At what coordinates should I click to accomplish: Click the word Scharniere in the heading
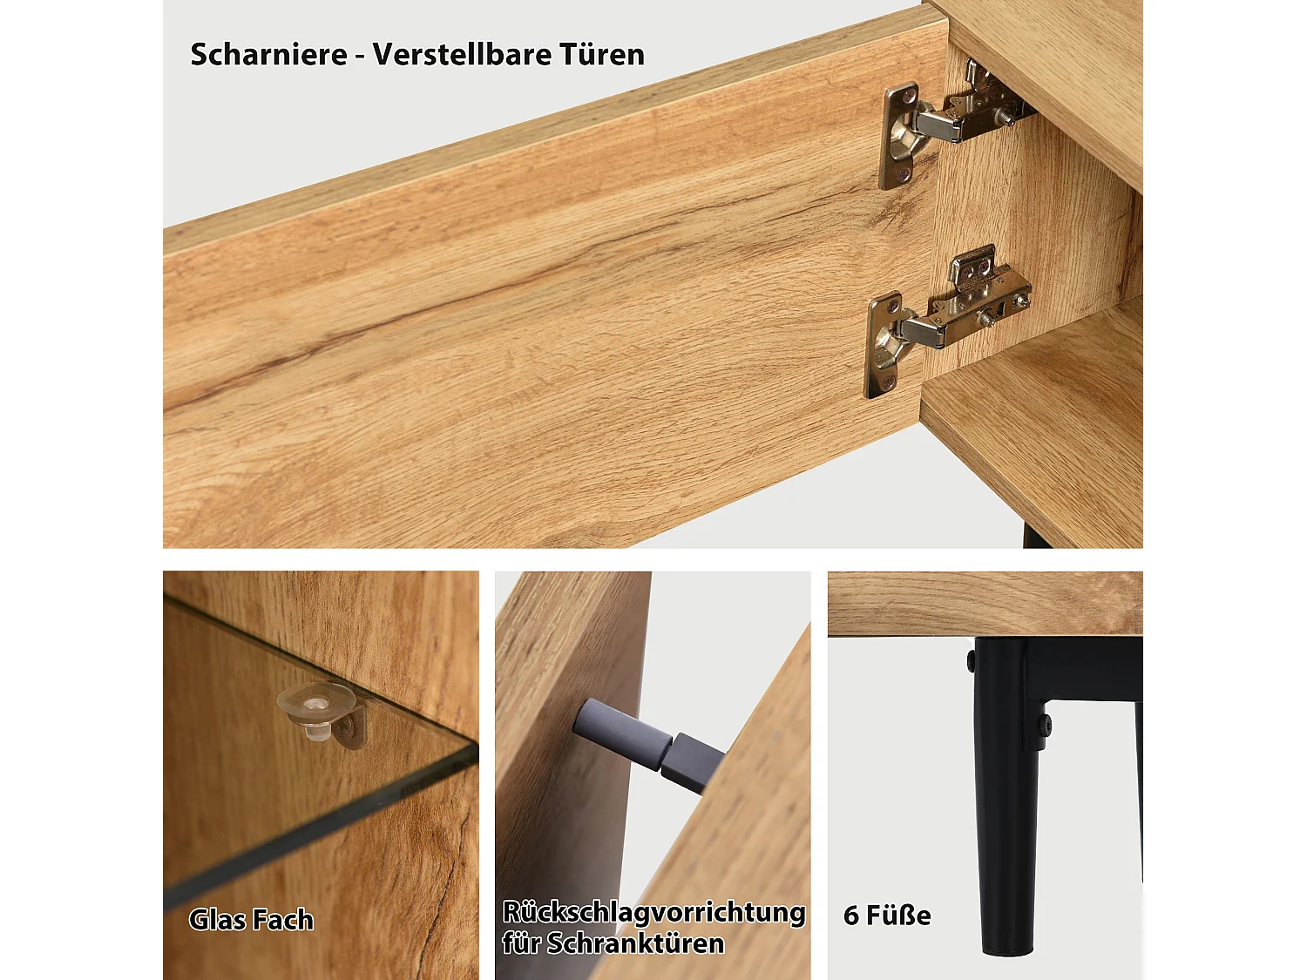tap(268, 55)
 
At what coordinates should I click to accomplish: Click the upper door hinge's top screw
tap(911, 91)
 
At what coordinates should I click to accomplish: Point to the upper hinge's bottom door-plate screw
tap(904, 175)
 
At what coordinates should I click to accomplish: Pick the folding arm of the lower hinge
tap(924, 328)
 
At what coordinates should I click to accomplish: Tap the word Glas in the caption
tap(215, 920)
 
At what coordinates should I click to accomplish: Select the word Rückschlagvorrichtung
tap(653, 912)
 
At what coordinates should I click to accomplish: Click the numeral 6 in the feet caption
tap(851, 916)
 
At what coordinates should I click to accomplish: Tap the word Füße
tap(898, 916)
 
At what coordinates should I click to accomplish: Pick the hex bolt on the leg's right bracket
tap(1044, 723)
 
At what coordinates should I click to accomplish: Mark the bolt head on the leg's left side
tap(971, 662)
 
